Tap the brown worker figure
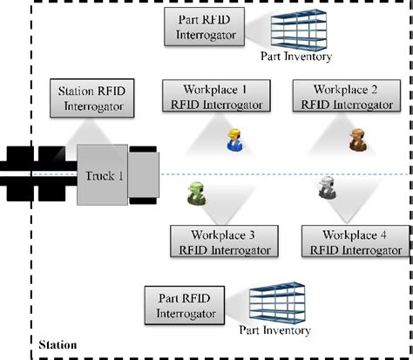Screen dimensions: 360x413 (355, 139)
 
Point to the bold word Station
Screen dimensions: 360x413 (58, 345)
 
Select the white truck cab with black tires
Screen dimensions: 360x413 (143, 175)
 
